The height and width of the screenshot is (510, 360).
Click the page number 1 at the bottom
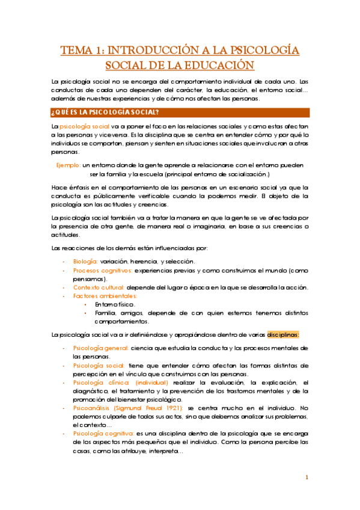[x=307, y=478]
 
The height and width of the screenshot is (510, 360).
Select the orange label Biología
[x=85, y=261]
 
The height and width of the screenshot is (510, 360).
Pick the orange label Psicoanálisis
[x=95, y=408]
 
